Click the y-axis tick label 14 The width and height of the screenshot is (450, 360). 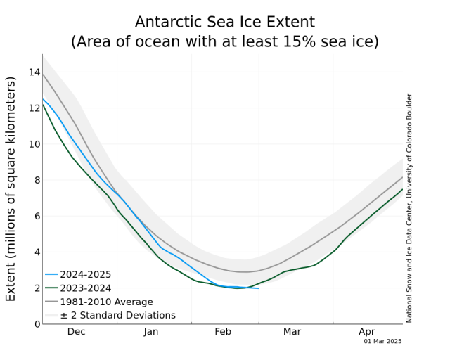coord(32,72)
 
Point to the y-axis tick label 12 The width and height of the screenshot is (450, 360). coord(32,108)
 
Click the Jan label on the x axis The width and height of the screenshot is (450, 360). coord(151,331)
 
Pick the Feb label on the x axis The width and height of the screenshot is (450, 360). coord(223,331)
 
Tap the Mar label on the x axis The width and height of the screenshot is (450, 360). coord(292,331)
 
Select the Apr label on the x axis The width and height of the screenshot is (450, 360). coord(366,331)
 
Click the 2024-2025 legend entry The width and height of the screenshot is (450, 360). coord(85,275)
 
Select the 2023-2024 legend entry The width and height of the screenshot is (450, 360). coord(85,288)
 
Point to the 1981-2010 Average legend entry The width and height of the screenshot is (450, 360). coord(106,302)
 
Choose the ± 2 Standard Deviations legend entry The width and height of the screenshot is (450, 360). coord(117,316)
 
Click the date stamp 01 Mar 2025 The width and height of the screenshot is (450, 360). coord(382,342)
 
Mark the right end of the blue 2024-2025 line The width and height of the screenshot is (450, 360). coord(258,288)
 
